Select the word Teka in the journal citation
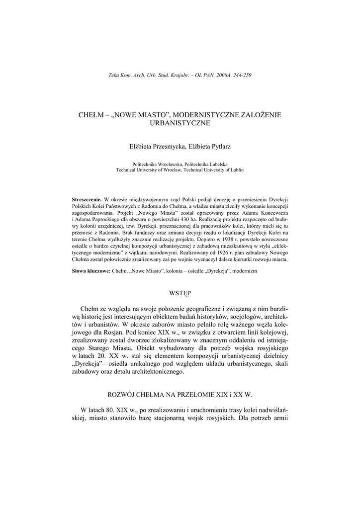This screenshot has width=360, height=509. coord(113,75)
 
